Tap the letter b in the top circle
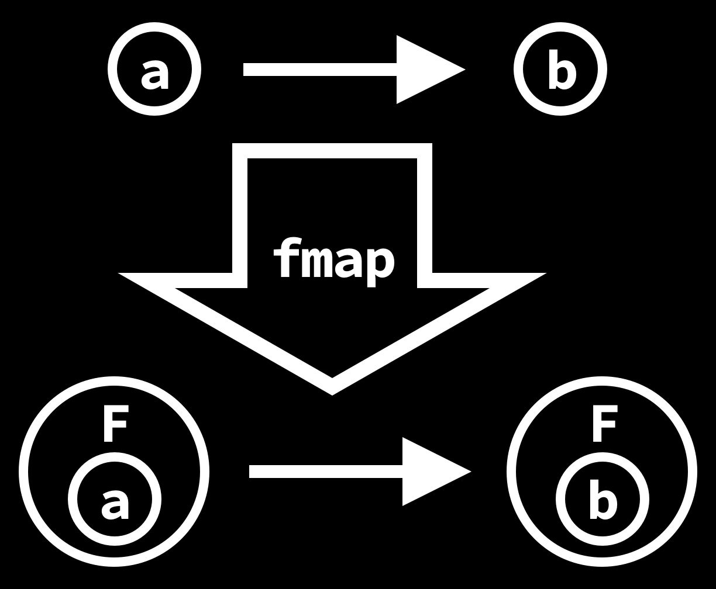562,71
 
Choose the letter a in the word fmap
347,264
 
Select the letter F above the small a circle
115,426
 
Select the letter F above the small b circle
603,426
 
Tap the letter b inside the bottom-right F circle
603,500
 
